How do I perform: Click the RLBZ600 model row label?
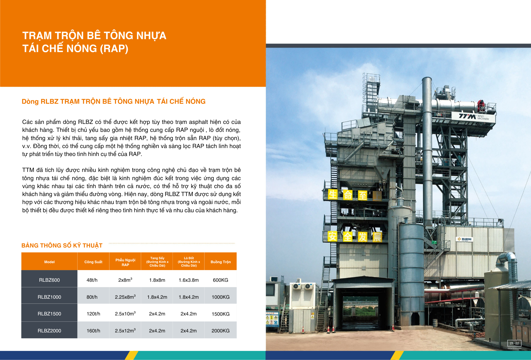coord(49,280)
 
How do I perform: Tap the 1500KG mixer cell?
coord(220,314)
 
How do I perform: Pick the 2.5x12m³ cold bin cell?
coord(125,331)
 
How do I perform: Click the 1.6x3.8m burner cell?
coord(189,280)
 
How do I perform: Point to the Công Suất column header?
coord(93,262)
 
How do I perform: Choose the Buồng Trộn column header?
coord(221,262)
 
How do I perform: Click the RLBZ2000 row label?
coord(49,331)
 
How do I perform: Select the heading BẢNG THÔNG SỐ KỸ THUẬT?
coord(62,245)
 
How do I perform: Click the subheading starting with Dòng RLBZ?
coord(114,101)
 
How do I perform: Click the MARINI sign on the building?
coord(465,239)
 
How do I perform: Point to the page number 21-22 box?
coord(514,343)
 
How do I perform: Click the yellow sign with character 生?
coord(333,194)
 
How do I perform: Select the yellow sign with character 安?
coord(332,236)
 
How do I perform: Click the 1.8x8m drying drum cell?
coord(157,280)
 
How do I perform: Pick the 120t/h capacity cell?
coord(93,314)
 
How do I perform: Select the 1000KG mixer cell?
coord(220,297)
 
